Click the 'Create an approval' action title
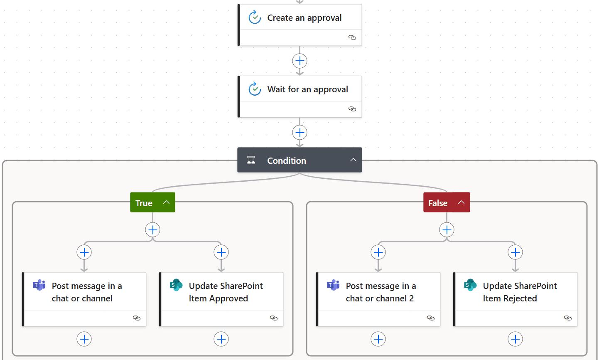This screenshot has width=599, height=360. coord(304,18)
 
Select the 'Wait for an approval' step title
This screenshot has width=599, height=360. coord(307,89)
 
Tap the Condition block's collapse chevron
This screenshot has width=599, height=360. coord(353,160)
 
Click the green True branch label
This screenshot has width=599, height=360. coord(144,203)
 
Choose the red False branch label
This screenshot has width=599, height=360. coord(438,203)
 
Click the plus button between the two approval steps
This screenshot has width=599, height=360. coord(299,61)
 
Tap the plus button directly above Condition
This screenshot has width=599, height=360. coord(299,133)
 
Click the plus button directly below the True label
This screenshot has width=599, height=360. coord(153,229)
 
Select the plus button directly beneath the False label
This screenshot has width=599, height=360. coord(447,229)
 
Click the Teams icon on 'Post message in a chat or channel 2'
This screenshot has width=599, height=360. coord(333,285)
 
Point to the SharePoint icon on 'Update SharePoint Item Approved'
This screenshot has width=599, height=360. coord(176,285)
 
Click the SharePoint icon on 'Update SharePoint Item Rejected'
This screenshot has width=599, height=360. coord(470,285)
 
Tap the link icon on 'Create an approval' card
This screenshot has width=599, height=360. coord(352,37)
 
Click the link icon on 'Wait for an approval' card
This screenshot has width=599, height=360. coord(352,109)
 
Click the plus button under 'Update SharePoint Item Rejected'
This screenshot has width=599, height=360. coord(515,339)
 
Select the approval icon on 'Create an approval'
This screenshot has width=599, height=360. coord(254,17)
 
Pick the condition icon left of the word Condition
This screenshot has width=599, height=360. coord(251,160)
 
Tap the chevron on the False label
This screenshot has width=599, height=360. coord(461,202)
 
